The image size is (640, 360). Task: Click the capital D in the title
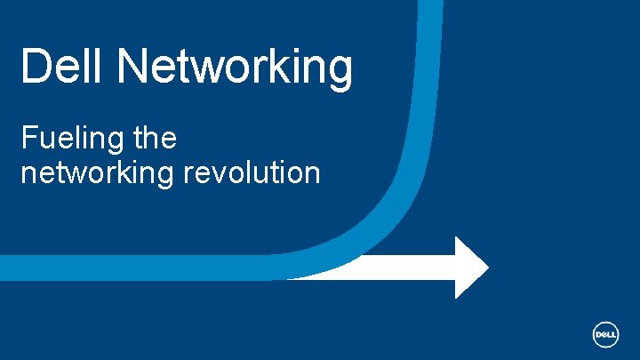[x=35, y=67]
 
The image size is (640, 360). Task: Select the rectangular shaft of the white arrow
[x=391, y=267]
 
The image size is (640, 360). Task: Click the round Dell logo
[x=605, y=333]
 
